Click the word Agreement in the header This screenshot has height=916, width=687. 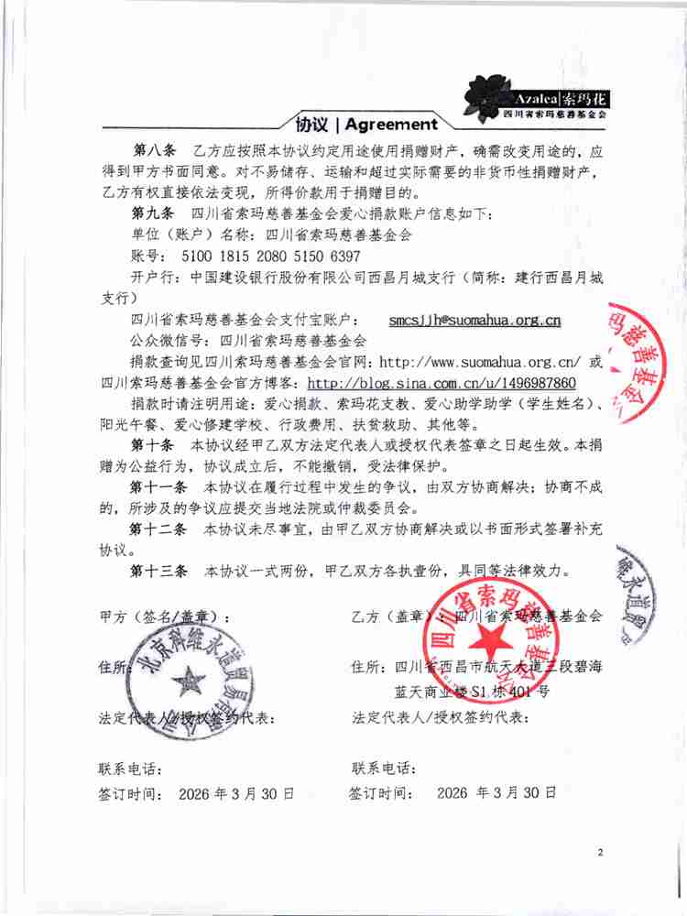pos(392,125)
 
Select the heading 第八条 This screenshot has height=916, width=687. pos(153,148)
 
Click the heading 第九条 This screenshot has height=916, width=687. pos(153,213)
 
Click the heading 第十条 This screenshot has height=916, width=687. pos(153,444)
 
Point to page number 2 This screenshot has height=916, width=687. pos(601,853)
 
